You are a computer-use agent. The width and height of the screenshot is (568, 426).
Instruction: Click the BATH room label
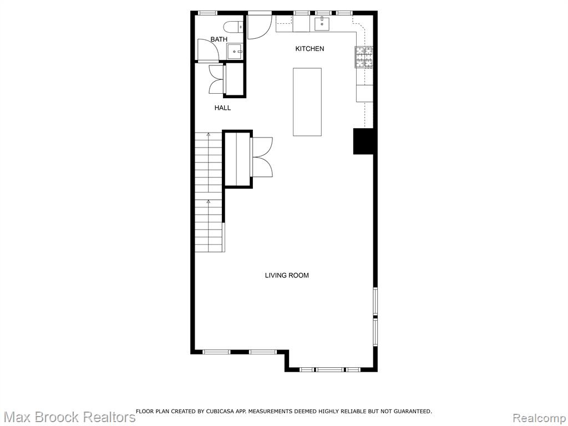tap(219, 39)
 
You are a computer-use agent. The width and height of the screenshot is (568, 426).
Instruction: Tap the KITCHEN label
tap(310, 49)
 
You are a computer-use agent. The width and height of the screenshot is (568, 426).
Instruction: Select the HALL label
tap(222, 108)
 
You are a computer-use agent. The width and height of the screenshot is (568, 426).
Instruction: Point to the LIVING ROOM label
tap(287, 275)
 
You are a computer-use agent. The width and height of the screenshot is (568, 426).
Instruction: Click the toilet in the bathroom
tap(232, 27)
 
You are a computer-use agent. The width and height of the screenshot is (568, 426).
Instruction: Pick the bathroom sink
tap(235, 52)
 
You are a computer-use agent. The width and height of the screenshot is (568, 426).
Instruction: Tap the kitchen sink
tap(322, 23)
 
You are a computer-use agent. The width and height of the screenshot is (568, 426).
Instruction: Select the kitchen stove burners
tap(364, 57)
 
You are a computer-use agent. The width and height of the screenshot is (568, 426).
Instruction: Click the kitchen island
tap(307, 102)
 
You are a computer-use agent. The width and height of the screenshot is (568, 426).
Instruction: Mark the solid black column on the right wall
tap(364, 141)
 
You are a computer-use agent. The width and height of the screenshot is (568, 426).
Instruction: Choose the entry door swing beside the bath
tap(260, 26)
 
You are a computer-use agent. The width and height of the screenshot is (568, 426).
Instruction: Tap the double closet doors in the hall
tap(217, 80)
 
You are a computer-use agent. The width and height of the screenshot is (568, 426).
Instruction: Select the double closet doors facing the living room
tap(262, 157)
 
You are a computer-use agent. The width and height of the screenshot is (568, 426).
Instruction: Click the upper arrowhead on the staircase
tap(209, 135)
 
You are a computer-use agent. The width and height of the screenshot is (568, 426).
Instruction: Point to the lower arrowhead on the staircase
tap(209, 201)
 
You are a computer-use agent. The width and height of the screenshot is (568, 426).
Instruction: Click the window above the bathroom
tap(208, 13)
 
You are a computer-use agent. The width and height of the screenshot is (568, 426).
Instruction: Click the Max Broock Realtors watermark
tap(69, 417)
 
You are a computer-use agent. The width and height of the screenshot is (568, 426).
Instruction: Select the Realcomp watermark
tap(540, 418)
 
